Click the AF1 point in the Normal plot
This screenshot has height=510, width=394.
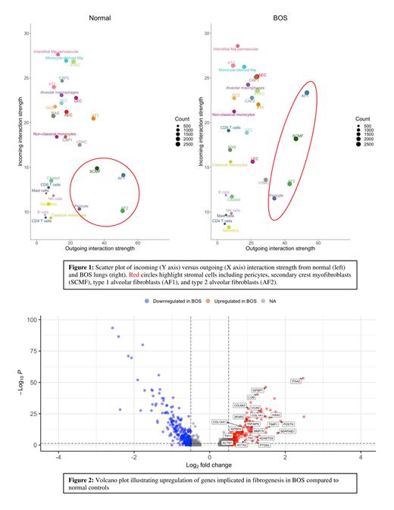click(x=124, y=175)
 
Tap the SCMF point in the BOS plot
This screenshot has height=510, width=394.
click(x=295, y=139)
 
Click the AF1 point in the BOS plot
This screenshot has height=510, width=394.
click(x=306, y=92)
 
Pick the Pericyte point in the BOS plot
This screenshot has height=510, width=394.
click(x=274, y=197)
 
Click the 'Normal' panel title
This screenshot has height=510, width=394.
click(x=100, y=17)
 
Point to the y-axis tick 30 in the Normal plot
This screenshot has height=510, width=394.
click(x=27, y=33)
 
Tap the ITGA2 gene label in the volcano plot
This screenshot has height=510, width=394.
click(x=296, y=381)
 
